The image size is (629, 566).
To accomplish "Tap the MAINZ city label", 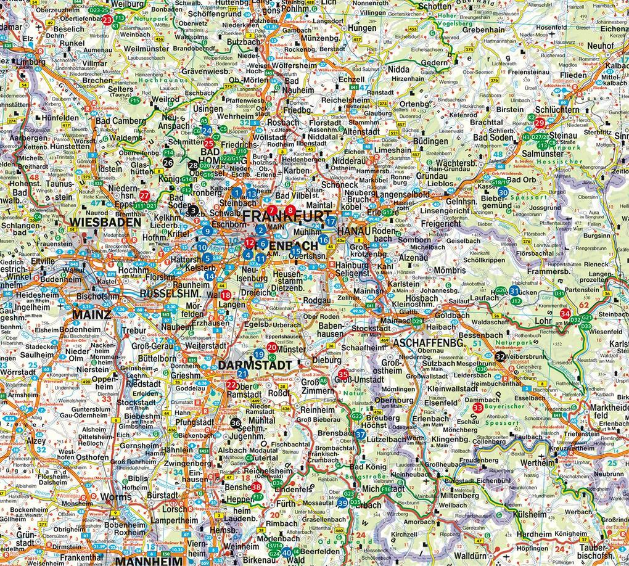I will pyautogui.click(x=91, y=314).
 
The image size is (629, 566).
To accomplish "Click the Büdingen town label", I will pyautogui.click(x=430, y=141).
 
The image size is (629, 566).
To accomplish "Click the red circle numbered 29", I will pyautogui.click(x=539, y=123).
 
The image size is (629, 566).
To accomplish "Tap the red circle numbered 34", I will pyautogui.click(x=564, y=314).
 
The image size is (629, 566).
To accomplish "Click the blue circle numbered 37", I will pyautogui.click(x=361, y=435).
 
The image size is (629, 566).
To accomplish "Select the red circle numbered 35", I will pyautogui.click(x=343, y=374).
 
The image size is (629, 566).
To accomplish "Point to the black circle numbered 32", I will pyautogui.click(x=500, y=356).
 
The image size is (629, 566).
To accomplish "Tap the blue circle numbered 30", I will pyautogui.click(x=503, y=192).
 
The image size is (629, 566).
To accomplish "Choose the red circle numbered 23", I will pyautogui.click(x=107, y=20).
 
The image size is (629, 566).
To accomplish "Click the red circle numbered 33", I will pyautogui.click(x=477, y=407).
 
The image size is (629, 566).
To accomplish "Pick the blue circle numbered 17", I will pyautogui.click(x=331, y=221).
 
